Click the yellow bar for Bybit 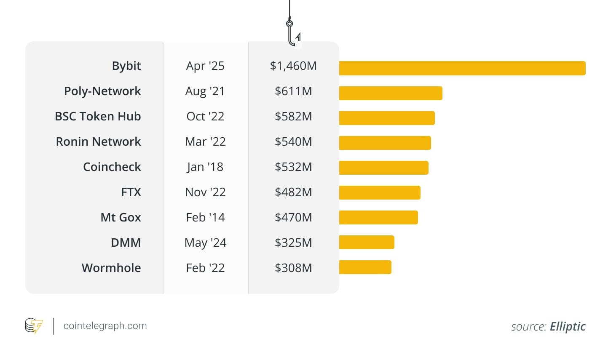tap(462, 68)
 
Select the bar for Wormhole tap(365, 267)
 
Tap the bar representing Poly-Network tap(391, 93)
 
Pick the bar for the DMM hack tap(367, 243)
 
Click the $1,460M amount tap(293, 66)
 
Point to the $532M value tap(293, 167)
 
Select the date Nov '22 tap(205, 192)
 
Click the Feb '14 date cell tap(205, 218)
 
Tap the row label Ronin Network tap(98, 142)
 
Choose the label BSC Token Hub tap(98, 117)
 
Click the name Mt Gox tap(121, 218)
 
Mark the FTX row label tap(131, 192)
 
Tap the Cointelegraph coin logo tap(34, 326)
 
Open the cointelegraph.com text tap(105, 326)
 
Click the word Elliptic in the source tap(568, 327)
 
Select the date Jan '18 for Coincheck tap(205, 167)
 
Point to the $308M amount tap(293, 268)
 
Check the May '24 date tap(205, 243)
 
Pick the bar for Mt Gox tap(378, 218)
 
